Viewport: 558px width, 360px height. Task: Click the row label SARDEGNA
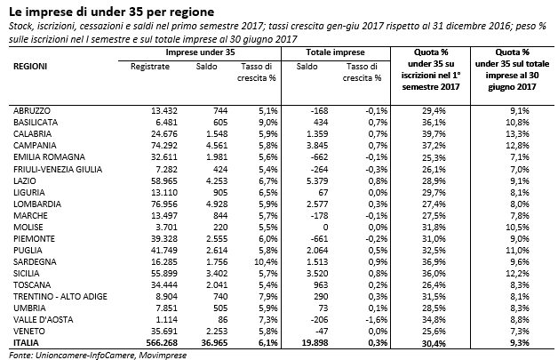coord(35,262)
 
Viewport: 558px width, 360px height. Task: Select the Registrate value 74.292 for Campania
coord(164,146)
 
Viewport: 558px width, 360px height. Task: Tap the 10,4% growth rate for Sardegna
coord(266,262)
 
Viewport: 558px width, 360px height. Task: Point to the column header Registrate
coord(150,67)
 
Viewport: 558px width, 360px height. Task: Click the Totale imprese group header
coord(335,52)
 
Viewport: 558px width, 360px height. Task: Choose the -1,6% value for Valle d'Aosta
coord(377,320)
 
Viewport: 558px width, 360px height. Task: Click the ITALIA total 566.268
coord(162,343)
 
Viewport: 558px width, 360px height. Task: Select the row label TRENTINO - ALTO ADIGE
coord(60,297)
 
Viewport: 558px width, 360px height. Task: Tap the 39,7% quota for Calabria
coord(434,134)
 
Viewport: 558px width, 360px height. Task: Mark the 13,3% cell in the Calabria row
coord(517,134)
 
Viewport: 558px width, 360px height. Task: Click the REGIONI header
coord(30,67)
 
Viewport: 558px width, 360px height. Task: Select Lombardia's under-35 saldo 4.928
coord(217,204)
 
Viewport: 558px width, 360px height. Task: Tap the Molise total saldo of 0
coord(325,228)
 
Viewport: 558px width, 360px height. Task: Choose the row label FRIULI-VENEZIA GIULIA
coord(58,170)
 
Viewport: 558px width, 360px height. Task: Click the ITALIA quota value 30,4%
coord(434,343)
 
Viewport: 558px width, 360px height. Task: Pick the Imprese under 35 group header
coord(200,52)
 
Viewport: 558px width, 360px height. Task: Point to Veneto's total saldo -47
coord(322,332)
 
